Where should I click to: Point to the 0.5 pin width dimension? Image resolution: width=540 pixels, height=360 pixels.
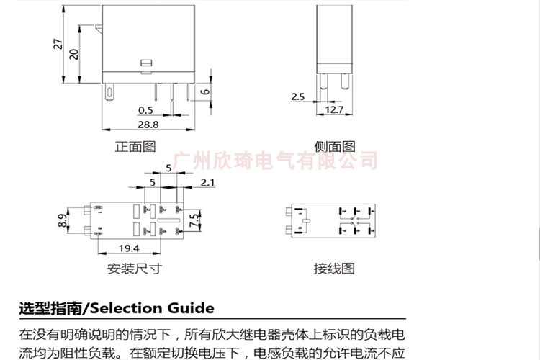(145, 110)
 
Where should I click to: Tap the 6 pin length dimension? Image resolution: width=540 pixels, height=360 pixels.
(205, 91)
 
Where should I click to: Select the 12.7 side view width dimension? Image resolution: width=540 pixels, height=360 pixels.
(334, 110)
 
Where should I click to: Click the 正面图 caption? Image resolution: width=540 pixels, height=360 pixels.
(135, 146)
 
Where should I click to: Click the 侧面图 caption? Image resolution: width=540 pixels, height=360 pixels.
(335, 146)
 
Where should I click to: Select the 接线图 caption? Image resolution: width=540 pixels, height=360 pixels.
(334, 269)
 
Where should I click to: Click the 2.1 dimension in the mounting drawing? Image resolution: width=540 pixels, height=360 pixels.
(208, 184)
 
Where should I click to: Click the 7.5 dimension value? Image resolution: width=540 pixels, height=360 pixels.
(194, 220)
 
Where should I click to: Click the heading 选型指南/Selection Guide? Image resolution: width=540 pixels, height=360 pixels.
(117, 308)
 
